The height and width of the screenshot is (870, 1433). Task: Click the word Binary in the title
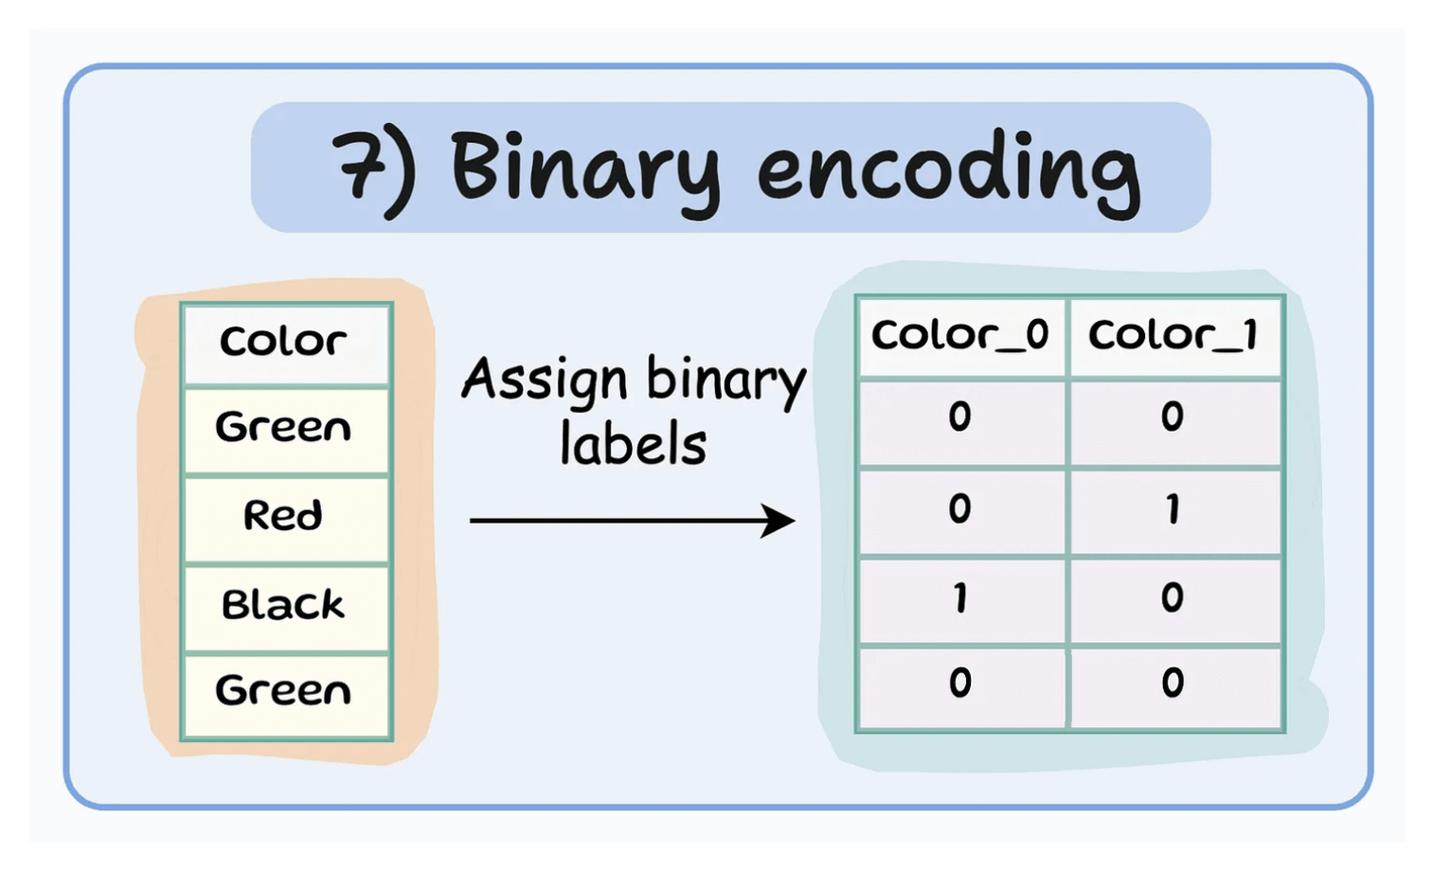tap(584, 169)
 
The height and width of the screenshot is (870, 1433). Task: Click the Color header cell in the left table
tap(283, 342)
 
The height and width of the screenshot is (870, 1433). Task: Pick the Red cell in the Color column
tap(283, 516)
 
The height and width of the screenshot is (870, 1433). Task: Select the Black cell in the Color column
tap(283, 605)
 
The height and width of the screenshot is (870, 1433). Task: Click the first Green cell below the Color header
tap(283, 428)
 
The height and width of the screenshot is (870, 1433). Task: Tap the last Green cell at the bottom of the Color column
tap(283, 691)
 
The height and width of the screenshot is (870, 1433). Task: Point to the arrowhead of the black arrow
tap(780, 521)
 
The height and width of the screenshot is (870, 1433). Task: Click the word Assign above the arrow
tap(546, 382)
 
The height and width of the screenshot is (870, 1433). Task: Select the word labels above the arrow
tap(633, 445)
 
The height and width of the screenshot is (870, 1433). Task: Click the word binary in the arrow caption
tap(726, 382)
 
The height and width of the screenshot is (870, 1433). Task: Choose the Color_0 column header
tap(959, 335)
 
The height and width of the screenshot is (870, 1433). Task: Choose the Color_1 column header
tap(1173, 335)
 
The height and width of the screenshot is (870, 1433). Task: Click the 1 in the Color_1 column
tap(1173, 509)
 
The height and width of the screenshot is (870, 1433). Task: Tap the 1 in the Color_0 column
tap(960, 598)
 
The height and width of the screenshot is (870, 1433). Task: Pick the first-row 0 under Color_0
tap(959, 417)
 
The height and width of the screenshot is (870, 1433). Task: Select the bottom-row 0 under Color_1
tap(1173, 683)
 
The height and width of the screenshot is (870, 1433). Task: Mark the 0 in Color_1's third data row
tap(1173, 597)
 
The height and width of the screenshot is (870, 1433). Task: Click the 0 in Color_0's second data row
tap(959, 509)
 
